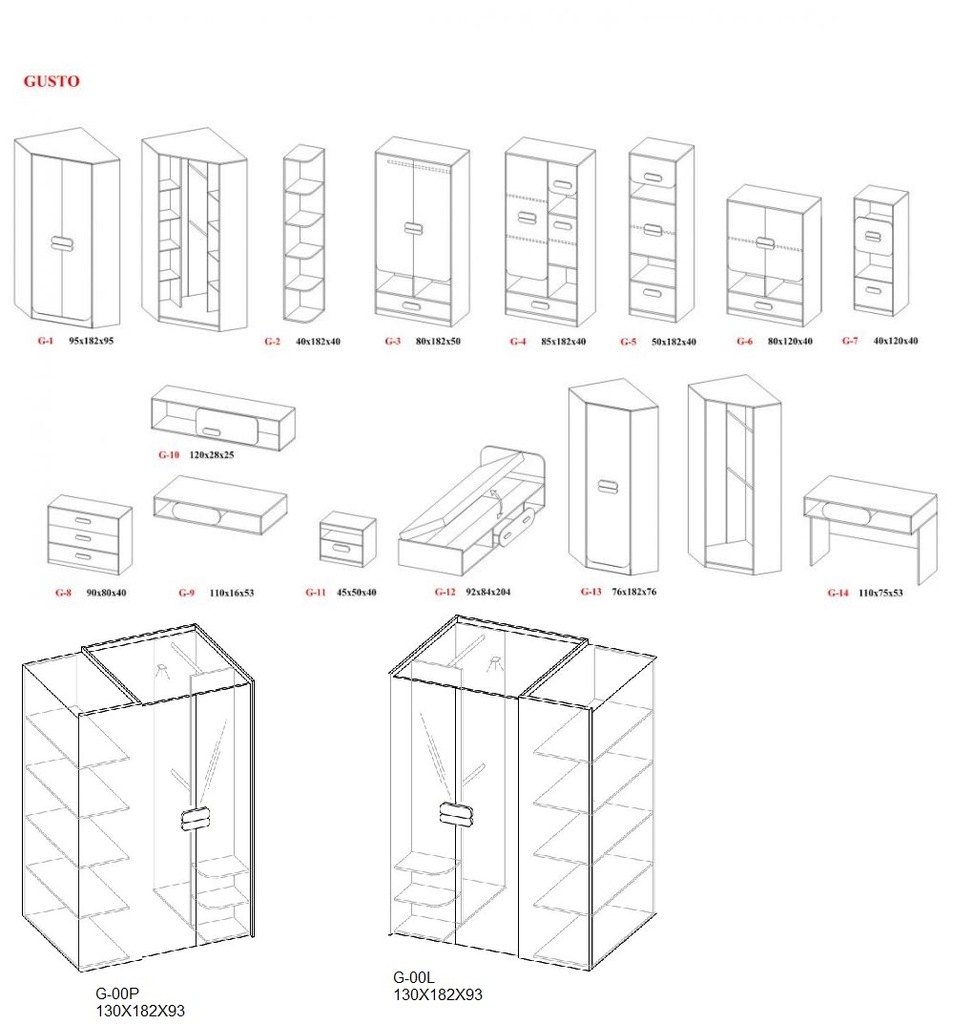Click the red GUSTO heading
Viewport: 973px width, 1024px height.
(x=52, y=82)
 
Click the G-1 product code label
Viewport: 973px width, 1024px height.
(x=45, y=341)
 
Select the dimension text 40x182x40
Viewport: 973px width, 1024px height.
(x=318, y=342)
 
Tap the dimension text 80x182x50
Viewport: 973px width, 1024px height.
(x=438, y=341)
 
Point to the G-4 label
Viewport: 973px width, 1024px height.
(x=518, y=342)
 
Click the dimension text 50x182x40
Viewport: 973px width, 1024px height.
(x=674, y=342)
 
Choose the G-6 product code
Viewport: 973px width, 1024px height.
(x=744, y=341)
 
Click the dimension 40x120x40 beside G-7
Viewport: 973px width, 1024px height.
(x=895, y=341)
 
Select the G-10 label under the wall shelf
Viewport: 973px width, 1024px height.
(x=168, y=455)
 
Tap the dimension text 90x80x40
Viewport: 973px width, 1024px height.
(x=106, y=593)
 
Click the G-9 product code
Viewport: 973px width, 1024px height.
(x=186, y=593)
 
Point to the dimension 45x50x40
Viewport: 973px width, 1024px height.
(x=357, y=593)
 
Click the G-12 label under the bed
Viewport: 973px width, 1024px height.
(x=445, y=592)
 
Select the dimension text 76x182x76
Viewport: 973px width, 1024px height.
(x=634, y=592)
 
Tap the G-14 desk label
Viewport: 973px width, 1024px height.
(x=838, y=593)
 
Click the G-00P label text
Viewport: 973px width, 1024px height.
(x=118, y=993)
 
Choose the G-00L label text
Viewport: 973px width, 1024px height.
(x=414, y=978)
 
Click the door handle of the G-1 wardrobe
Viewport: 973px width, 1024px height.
(x=62, y=243)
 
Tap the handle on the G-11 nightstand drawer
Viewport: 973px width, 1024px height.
(x=342, y=547)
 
